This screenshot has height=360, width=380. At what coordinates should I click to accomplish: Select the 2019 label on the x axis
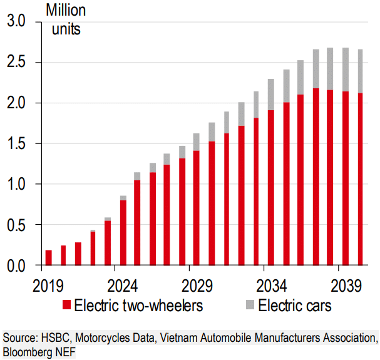pos(48,286)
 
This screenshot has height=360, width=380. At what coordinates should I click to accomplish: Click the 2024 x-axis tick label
pos(123,286)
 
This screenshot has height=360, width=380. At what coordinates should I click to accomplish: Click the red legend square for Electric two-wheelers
pos(67,306)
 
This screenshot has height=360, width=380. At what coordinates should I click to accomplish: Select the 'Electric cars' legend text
pos(294,306)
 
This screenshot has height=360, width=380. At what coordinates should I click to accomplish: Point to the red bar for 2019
pos(48,258)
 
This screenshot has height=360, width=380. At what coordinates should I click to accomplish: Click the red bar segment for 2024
pos(123,233)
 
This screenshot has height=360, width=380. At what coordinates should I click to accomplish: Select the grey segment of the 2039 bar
pos(345,69)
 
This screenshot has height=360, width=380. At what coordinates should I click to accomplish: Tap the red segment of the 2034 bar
pos(271,188)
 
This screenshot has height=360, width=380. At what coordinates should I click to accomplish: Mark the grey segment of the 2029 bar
pos(197,142)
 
